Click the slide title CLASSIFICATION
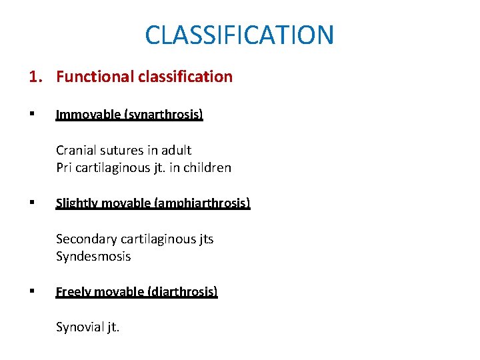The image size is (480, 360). pyautogui.click(x=239, y=35)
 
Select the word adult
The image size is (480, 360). pyautogui.click(x=175, y=150)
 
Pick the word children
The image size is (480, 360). pyautogui.click(x=206, y=168)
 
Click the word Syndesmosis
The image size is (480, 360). pyautogui.click(x=93, y=257)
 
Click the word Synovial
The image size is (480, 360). pyautogui.click(x=79, y=327)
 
